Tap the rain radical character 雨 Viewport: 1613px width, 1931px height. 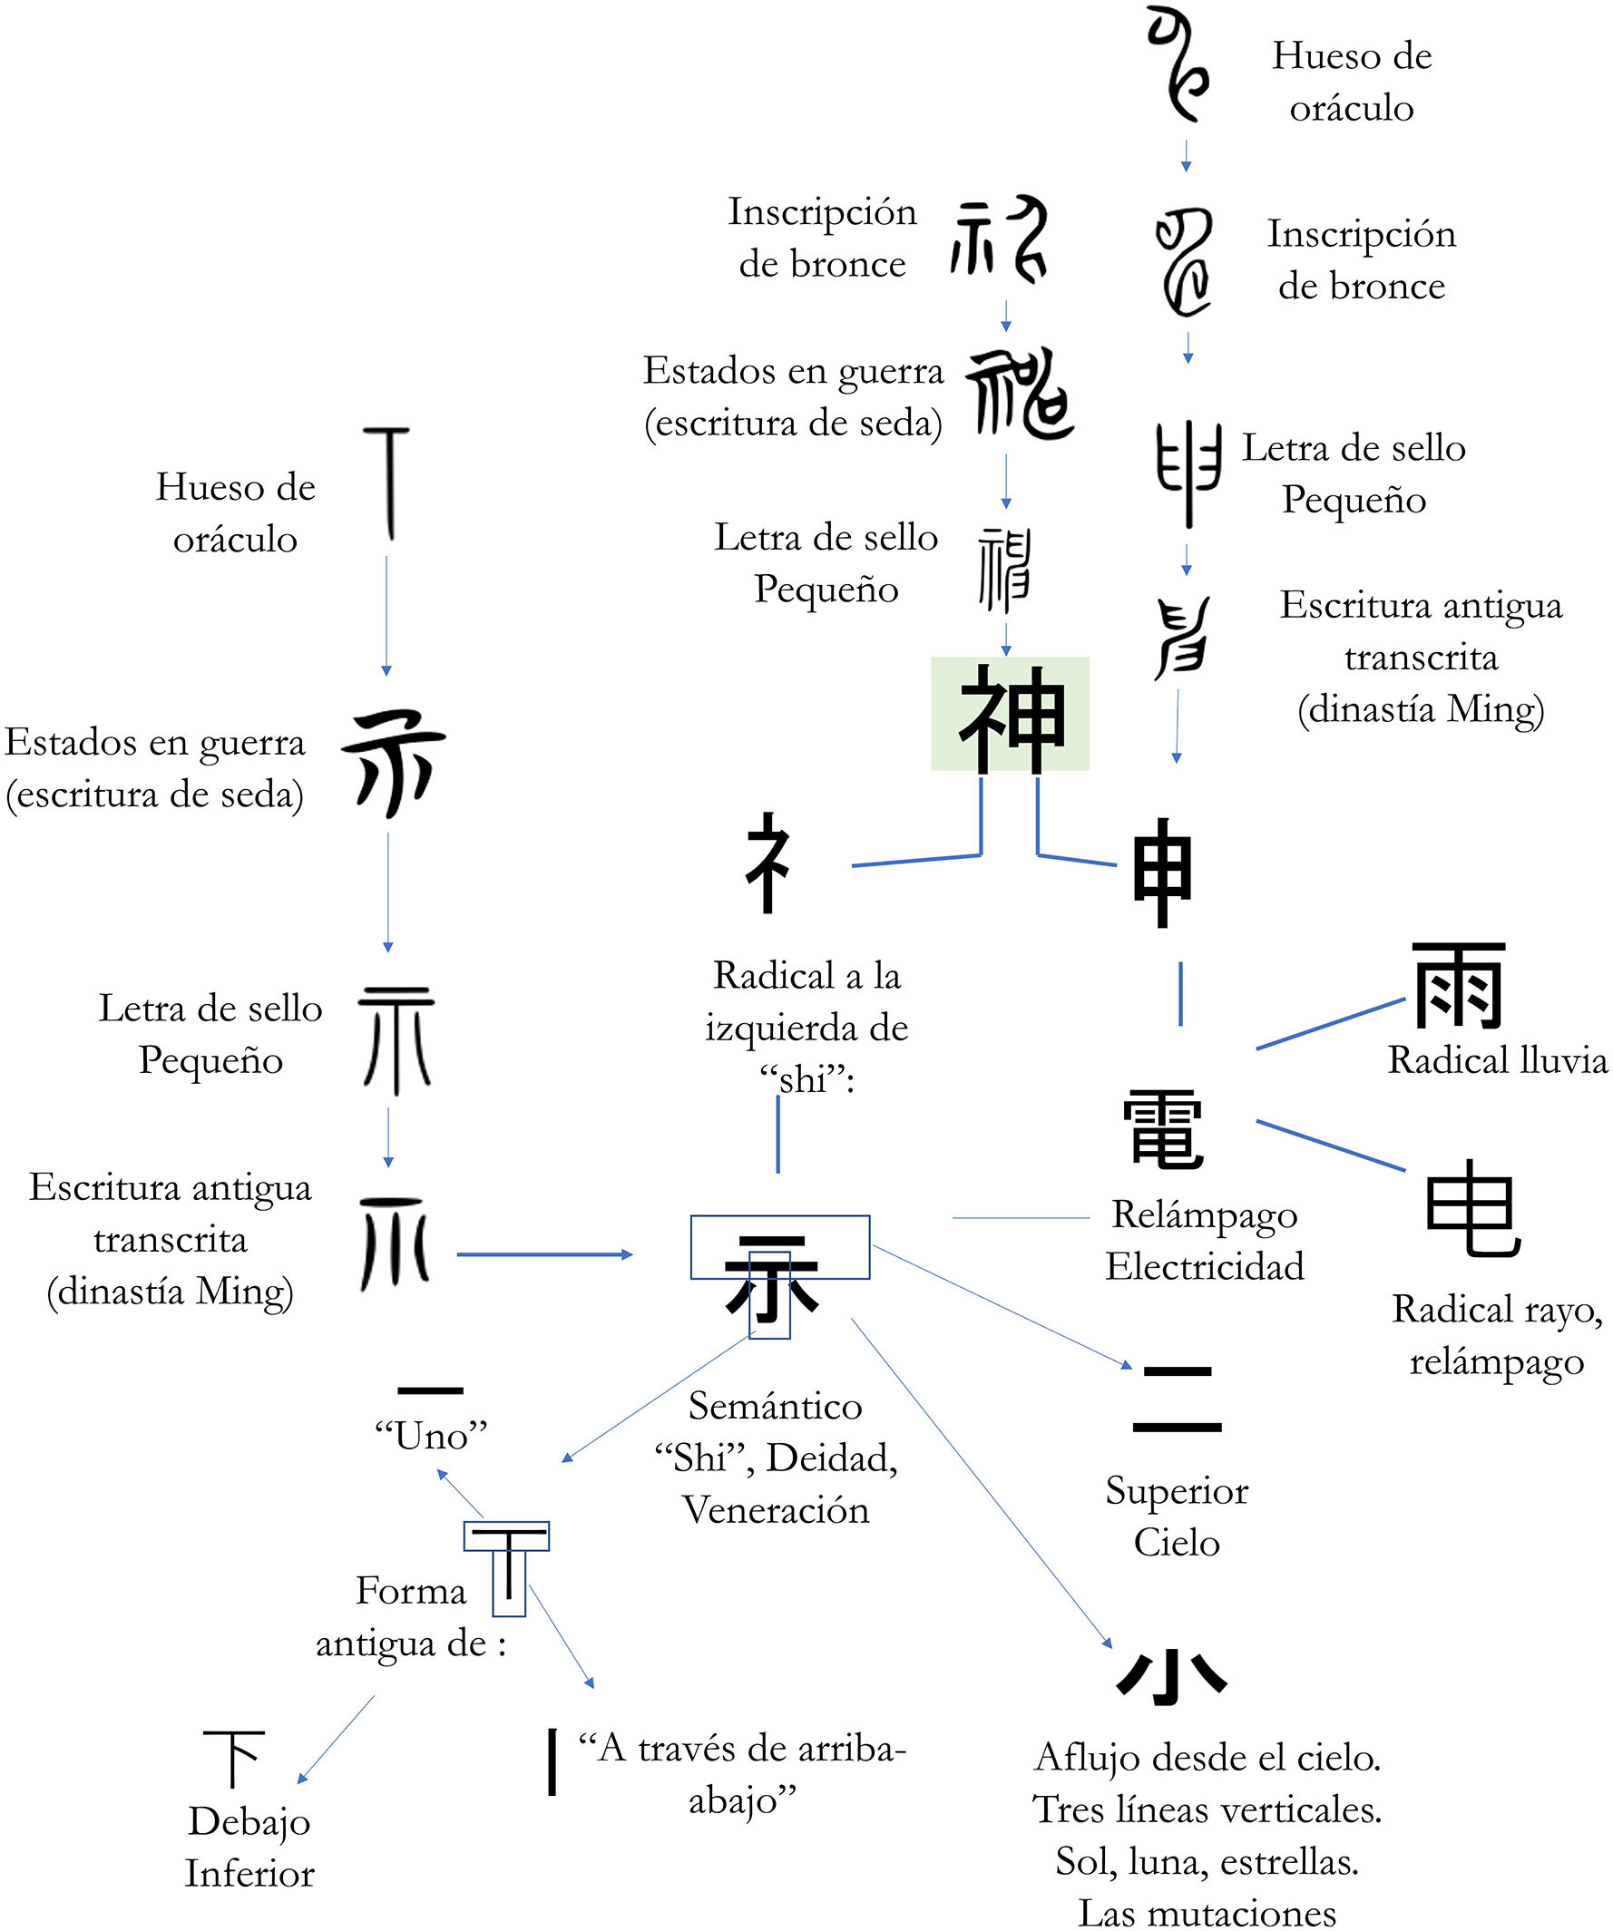click(1459, 985)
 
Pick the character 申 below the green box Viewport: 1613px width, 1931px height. click(1162, 872)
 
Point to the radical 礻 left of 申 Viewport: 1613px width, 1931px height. click(767, 863)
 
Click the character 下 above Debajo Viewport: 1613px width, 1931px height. click(233, 1757)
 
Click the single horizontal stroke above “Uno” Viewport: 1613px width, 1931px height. click(430, 1390)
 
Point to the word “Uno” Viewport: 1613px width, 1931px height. click(430, 1436)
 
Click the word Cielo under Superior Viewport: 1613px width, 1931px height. click(1177, 1542)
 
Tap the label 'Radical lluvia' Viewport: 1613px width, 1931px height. click(1497, 1060)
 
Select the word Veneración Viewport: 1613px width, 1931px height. click(776, 1510)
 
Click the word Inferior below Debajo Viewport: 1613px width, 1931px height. click(249, 1874)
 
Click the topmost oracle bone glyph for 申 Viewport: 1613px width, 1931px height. click(1179, 64)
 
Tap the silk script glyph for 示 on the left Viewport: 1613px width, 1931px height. click(394, 763)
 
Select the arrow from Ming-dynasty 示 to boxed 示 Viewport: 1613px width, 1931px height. click(544, 1254)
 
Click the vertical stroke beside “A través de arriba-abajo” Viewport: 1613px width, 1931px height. click(552, 1761)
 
